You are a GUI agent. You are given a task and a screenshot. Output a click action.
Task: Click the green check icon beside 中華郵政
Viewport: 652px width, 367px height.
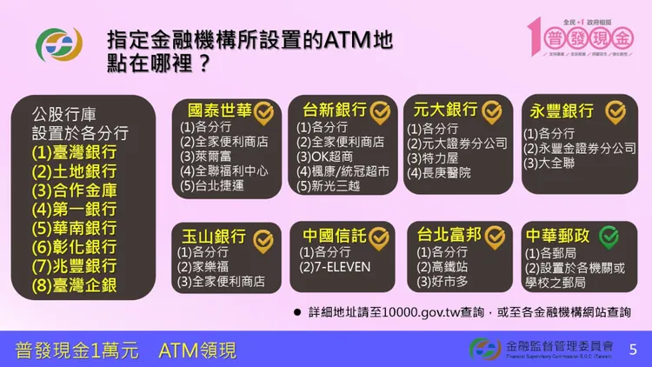(x=609, y=236)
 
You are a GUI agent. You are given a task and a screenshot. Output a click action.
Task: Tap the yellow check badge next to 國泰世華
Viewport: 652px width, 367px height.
(x=263, y=111)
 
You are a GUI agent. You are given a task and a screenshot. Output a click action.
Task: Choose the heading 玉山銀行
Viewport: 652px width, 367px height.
(x=212, y=236)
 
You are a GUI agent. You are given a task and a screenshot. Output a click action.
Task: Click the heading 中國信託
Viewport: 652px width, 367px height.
(x=334, y=236)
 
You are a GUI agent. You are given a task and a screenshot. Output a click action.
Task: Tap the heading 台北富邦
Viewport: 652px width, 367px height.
(x=449, y=236)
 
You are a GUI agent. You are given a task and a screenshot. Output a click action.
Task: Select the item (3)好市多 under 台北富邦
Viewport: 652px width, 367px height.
(x=444, y=282)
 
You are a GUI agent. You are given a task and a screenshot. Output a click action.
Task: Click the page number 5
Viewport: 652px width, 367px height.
(x=632, y=350)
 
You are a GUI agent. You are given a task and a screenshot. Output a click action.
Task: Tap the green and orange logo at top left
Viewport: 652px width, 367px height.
(x=59, y=45)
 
